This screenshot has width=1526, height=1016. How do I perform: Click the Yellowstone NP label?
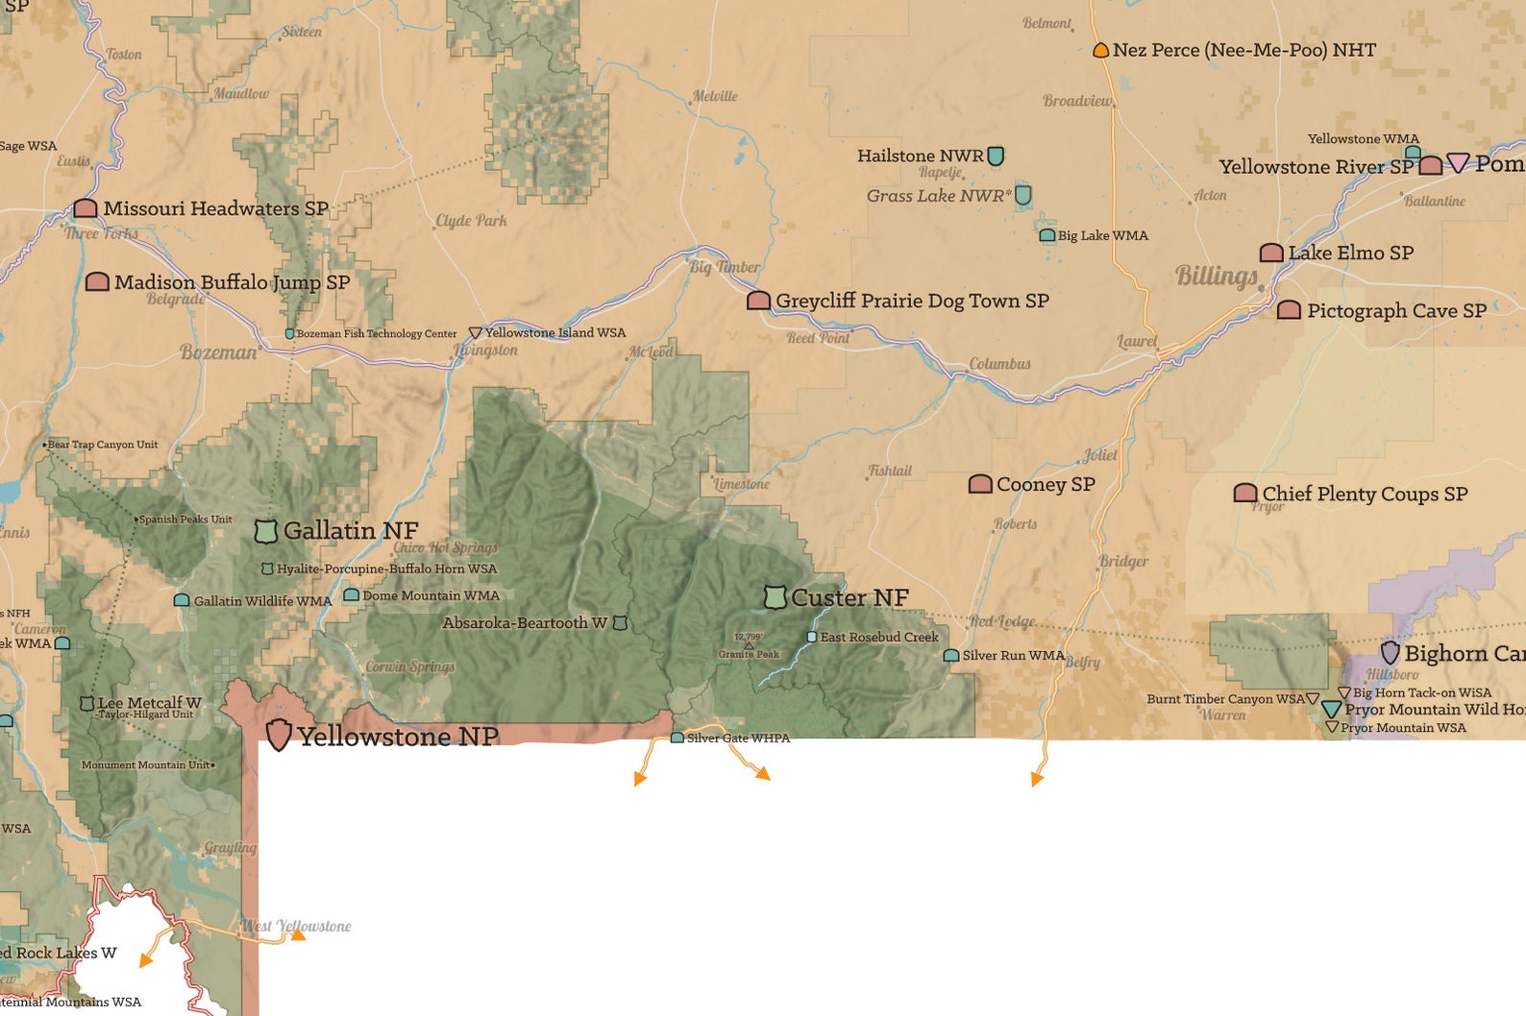click(x=397, y=737)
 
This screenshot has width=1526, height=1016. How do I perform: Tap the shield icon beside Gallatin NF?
click(x=266, y=530)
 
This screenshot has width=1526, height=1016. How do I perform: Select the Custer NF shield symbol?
click(x=775, y=597)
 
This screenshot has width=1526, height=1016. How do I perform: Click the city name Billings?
click(x=1217, y=277)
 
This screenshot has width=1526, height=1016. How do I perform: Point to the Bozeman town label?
click(x=219, y=352)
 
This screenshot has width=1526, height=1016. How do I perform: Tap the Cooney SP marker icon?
click(x=980, y=484)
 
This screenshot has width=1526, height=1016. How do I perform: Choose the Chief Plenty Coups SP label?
click(x=1365, y=494)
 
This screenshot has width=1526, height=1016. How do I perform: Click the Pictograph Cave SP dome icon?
click(x=1289, y=310)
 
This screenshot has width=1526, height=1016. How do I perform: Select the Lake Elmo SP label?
click(x=1350, y=253)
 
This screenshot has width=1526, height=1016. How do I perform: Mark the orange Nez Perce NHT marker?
click(x=1101, y=50)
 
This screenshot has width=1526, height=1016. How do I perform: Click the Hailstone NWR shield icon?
click(x=997, y=156)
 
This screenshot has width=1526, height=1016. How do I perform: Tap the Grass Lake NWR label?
click(x=938, y=196)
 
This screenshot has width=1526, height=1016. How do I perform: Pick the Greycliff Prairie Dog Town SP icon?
click(x=758, y=301)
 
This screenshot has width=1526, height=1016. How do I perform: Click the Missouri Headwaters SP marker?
click(x=86, y=208)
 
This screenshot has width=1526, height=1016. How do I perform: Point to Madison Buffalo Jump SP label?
click(x=232, y=282)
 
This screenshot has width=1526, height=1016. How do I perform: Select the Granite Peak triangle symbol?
click(x=749, y=645)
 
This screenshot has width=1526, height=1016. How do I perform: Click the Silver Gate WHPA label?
click(x=738, y=738)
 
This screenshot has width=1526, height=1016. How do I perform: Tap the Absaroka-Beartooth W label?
click(x=525, y=623)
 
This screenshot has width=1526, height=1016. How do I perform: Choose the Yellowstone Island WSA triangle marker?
click(x=475, y=333)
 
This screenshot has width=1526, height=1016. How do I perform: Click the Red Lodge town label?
click(x=1002, y=621)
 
